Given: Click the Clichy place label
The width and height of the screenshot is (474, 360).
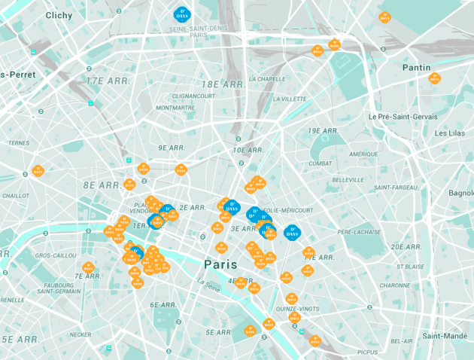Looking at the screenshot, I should click(x=59, y=15).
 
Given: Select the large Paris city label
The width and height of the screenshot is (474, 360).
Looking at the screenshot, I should click(x=220, y=264).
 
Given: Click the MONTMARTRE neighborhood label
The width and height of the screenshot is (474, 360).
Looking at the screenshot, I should click(x=175, y=108).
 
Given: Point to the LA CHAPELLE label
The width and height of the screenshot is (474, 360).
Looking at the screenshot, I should click(x=267, y=78).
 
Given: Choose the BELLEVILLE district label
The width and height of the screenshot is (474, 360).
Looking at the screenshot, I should click(x=348, y=180).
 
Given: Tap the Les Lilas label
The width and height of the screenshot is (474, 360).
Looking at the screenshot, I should click(x=451, y=133).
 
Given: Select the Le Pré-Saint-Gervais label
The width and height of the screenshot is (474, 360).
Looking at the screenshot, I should click(x=403, y=117).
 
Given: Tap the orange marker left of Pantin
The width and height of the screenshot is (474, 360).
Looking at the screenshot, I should click(x=384, y=17).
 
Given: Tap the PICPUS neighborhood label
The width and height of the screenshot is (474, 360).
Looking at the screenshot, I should click(x=368, y=352).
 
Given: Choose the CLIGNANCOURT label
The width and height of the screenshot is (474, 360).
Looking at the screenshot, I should click(x=193, y=96).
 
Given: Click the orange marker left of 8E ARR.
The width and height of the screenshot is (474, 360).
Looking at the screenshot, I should click(x=38, y=171).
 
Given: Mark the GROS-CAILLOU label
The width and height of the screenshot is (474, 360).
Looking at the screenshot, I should click(x=53, y=255).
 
